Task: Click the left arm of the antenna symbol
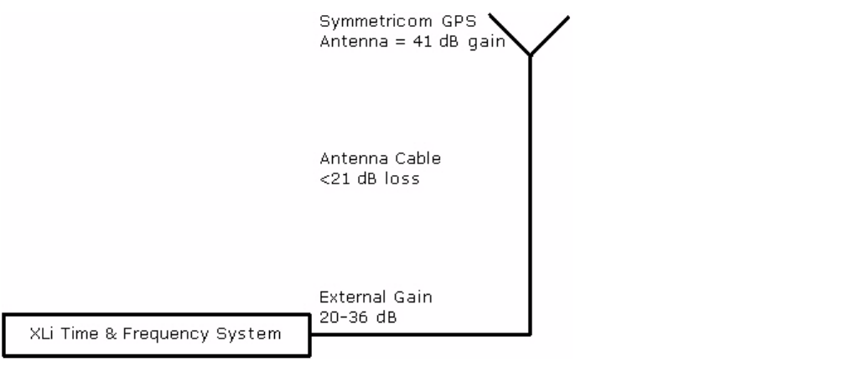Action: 509,34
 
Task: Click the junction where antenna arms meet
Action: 530,55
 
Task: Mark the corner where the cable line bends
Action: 530,334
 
